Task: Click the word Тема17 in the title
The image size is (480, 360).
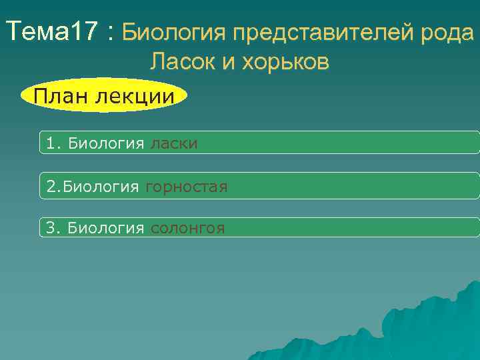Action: point(51,31)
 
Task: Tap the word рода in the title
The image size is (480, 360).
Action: point(449,31)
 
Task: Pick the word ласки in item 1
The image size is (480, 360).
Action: point(173,143)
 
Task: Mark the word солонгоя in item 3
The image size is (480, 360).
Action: point(187,228)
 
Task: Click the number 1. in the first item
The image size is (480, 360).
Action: point(54,143)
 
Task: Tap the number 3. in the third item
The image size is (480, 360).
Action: point(54,228)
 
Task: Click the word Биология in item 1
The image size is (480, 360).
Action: point(106,143)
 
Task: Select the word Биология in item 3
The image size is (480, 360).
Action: point(106,228)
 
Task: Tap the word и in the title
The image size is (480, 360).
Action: point(228,63)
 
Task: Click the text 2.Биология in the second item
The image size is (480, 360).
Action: point(92,187)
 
